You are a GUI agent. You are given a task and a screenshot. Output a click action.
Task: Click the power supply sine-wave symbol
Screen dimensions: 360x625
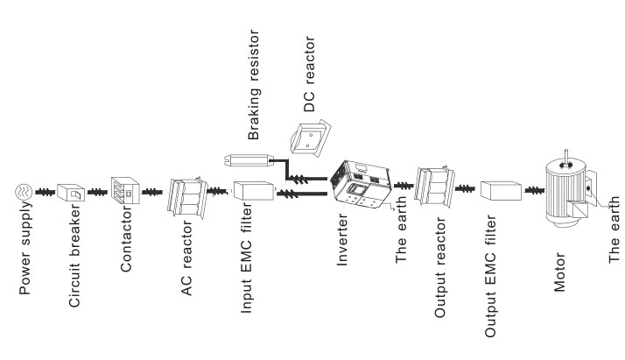point(25,192)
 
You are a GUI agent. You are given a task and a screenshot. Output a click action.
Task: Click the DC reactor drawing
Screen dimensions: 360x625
point(313,136)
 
